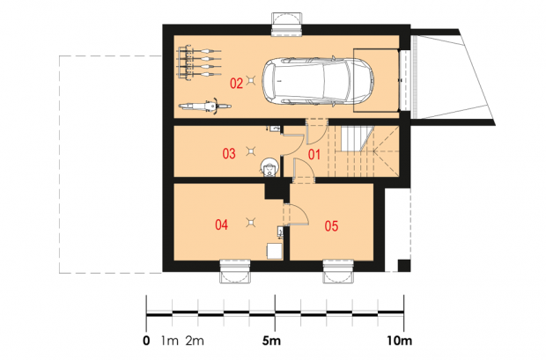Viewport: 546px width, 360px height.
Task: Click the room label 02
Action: point(236,84)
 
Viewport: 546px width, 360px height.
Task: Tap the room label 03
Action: point(229,153)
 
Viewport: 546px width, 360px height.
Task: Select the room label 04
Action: point(221,225)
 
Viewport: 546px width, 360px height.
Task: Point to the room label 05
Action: point(331,226)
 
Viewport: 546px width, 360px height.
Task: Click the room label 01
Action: point(314,154)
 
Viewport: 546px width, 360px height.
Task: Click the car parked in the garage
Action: point(318,81)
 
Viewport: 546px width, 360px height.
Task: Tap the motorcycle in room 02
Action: point(205,106)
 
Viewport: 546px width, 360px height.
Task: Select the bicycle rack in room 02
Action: point(199,62)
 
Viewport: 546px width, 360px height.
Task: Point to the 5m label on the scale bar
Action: point(271,341)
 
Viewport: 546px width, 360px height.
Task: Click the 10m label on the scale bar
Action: point(400,341)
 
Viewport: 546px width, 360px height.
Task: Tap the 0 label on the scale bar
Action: point(146,341)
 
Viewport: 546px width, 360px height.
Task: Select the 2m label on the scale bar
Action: point(195,341)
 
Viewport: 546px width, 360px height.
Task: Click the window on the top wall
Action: point(286,25)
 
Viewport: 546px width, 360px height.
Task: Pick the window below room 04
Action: point(235,271)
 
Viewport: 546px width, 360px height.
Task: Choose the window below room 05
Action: point(338,271)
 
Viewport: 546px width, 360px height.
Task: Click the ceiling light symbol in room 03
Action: point(250,151)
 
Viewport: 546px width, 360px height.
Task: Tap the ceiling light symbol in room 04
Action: point(250,222)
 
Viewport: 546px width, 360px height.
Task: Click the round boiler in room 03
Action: point(269,167)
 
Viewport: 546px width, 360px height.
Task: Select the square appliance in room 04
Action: point(275,252)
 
